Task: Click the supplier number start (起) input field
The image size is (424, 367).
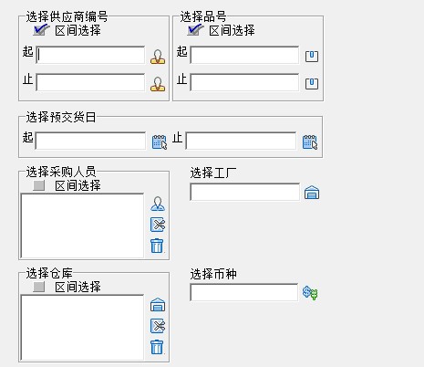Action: tap(90, 55)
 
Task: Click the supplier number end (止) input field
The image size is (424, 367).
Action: tap(90, 82)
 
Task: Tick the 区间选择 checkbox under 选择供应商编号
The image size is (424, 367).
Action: tap(41, 30)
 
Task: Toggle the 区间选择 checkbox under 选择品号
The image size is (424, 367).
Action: tap(195, 30)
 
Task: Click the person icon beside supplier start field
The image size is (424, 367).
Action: tap(158, 57)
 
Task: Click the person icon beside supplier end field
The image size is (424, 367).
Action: tap(158, 84)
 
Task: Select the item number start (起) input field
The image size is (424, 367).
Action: tap(244, 55)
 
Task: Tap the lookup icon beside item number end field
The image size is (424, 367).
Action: tap(312, 84)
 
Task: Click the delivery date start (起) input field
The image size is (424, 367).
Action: tap(90, 141)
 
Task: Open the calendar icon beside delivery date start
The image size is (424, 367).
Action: tap(160, 142)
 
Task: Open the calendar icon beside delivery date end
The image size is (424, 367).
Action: tap(310, 142)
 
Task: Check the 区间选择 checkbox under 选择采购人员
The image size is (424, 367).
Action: tap(39, 185)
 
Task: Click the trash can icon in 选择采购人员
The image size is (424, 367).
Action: tap(157, 246)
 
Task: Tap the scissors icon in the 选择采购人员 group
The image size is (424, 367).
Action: tap(158, 225)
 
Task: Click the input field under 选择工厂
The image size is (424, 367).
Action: tap(244, 192)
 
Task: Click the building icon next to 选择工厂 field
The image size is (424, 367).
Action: tap(312, 193)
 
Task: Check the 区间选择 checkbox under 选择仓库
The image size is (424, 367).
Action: tap(39, 287)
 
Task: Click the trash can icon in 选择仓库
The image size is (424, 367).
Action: tap(157, 347)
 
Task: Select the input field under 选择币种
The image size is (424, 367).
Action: tap(243, 292)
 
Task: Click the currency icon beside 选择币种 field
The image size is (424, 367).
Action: tap(310, 293)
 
